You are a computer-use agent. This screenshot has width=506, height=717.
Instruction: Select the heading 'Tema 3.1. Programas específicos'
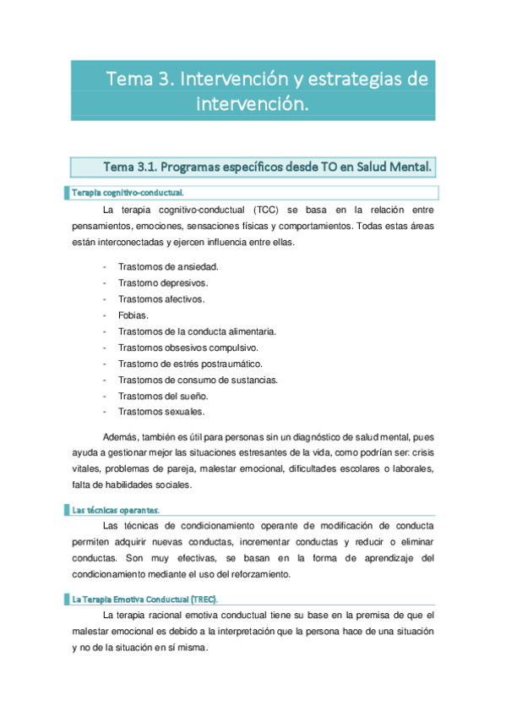[267, 167]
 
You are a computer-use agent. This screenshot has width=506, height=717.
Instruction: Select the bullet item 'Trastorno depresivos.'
[163, 282]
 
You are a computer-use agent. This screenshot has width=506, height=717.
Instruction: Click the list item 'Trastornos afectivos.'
[161, 298]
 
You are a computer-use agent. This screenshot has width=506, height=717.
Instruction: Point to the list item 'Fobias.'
[133, 315]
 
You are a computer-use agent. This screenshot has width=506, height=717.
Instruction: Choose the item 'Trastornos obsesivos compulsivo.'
[188, 348]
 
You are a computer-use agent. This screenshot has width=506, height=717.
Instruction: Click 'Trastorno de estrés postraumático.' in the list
[189, 364]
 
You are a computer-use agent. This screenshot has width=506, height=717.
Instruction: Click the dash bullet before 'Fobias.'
[104, 315]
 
